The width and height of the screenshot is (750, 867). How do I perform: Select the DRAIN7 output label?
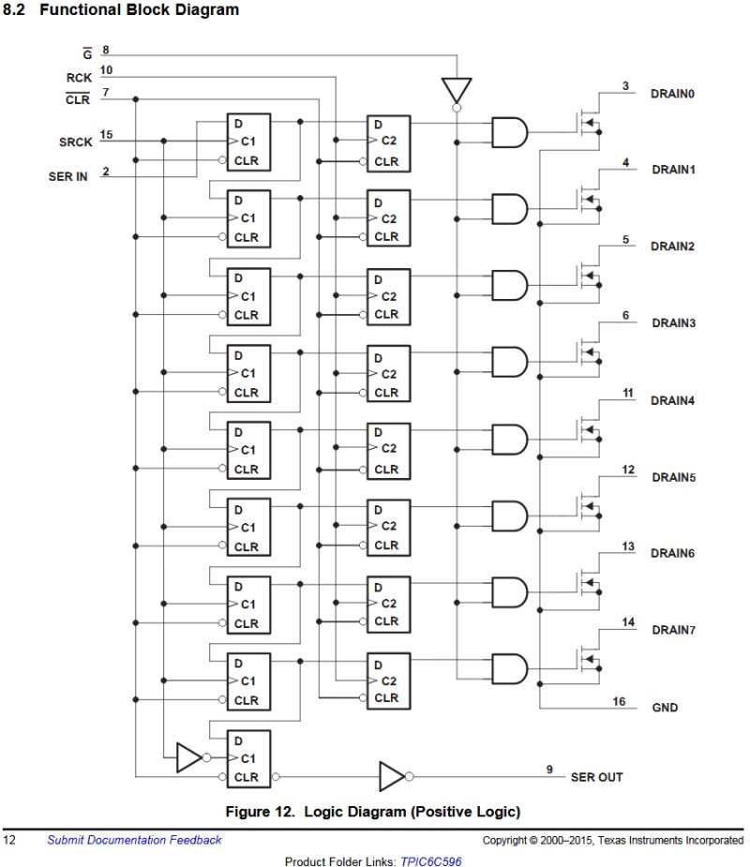point(673,630)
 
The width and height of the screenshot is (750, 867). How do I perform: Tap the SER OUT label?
point(596,777)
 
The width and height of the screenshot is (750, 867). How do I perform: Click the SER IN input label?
point(68,176)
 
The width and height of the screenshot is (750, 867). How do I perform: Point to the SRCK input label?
point(75,142)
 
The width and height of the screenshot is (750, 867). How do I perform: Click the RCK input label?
point(79,78)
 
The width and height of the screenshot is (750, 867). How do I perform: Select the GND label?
point(665,708)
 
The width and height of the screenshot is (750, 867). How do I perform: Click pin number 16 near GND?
point(619,701)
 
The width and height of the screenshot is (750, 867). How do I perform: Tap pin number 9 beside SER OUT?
point(550,770)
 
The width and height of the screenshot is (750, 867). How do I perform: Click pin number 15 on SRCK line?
point(106,136)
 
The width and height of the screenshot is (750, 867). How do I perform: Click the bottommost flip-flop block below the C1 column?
point(247,757)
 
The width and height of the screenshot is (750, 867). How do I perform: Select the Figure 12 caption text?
point(372,811)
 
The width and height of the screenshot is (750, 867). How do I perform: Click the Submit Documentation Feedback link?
point(134,840)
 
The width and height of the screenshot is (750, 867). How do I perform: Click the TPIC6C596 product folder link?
point(430,860)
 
